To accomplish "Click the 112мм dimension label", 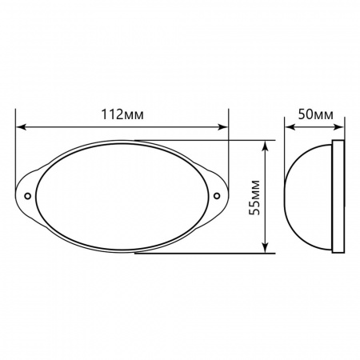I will point(123,114).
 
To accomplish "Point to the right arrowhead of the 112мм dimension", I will point(224,126).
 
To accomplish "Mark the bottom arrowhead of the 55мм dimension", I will point(266,250).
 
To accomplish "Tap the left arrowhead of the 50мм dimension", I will point(290,126).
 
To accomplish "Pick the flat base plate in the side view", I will point(338,196).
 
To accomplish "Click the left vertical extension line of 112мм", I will point(16,152).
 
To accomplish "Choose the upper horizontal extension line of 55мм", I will point(240,140).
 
